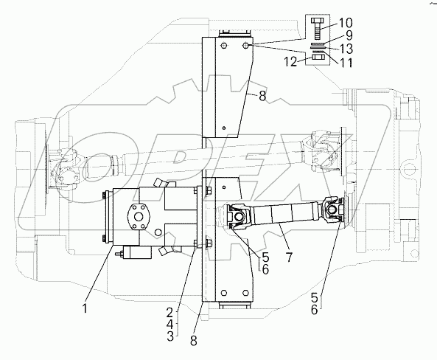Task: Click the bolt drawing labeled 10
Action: [x=317, y=31]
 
